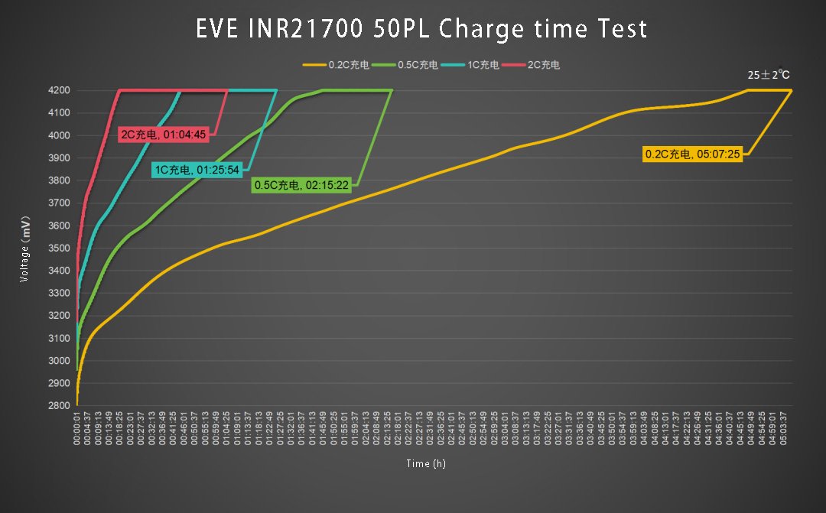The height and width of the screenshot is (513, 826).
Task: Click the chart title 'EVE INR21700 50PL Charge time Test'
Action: [421, 29]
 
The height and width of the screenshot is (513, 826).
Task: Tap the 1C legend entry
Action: [472, 65]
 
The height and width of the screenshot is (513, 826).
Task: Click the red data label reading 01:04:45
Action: [164, 135]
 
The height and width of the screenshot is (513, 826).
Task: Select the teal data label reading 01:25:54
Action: [197, 169]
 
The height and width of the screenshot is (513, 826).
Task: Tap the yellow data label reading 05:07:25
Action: [693, 154]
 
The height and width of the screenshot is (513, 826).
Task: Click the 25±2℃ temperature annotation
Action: [769, 75]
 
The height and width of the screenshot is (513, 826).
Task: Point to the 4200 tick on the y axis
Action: [60, 90]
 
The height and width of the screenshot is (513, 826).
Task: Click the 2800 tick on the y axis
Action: [60, 406]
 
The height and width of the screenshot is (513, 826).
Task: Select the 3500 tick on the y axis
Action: [60, 248]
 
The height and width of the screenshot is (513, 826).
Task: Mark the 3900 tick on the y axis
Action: [60, 158]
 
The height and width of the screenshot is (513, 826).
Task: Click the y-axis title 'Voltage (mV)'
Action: [25, 248]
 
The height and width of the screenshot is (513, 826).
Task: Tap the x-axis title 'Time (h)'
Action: [426, 463]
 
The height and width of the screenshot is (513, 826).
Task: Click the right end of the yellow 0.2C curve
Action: [791, 90]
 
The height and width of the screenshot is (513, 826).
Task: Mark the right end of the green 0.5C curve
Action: [392, 90]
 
